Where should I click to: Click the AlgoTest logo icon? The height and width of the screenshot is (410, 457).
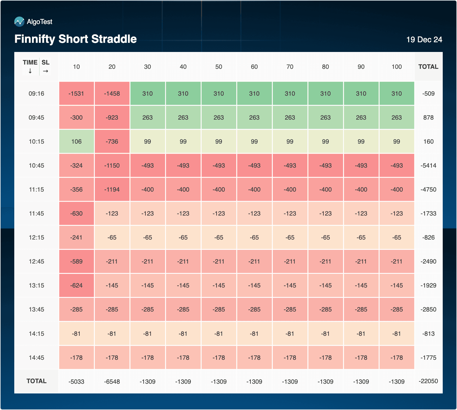[x=19, y=22]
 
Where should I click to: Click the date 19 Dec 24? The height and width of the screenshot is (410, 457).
[x=424, y=39]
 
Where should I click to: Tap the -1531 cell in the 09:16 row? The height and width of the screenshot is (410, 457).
[x=76, y=93]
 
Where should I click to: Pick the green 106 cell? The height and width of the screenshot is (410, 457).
[x=76, y=141]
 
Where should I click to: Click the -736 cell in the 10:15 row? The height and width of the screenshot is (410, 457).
[x=112, y=141]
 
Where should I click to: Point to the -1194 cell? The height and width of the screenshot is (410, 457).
[x=112, y=189]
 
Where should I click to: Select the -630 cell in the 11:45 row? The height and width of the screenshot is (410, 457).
[x=76, y=213]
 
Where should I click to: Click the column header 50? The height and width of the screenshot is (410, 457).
[x=219, y=67]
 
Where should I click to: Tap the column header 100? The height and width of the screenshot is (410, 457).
[x=396, y=67]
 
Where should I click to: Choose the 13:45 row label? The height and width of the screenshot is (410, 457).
[x=36, y=309]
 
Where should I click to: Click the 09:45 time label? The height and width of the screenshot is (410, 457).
[x=36, y=117]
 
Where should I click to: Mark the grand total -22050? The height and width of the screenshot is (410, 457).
[x=428, y=381]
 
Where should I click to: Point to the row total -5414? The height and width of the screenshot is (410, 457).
[x=428, y=165]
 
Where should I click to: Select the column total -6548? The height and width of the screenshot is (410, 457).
[x=112, y=381]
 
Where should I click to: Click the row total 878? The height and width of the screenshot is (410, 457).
[x=428, y=117]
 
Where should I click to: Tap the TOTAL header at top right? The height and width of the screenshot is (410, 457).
[x=428, y=67]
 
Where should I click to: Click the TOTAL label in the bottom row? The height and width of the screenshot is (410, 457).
[x=36, y=381]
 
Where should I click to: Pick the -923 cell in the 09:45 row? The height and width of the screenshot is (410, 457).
[x=112, y=117]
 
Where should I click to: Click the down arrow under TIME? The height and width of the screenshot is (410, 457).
[x=30, y=71]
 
